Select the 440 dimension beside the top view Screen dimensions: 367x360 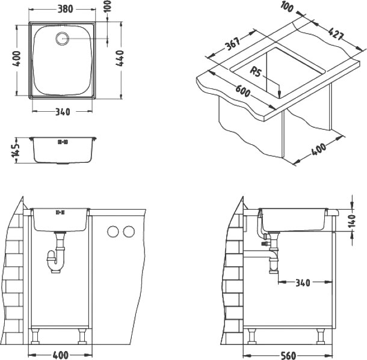pos(120,58)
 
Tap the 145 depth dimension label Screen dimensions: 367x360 pos(16,150)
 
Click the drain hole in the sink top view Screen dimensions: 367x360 pos(63,38)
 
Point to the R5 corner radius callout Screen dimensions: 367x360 pos(255,72)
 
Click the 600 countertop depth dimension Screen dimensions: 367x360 pos(242,91)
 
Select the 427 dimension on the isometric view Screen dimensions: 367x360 pos(336,34)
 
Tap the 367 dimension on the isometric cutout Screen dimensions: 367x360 pos(233,44)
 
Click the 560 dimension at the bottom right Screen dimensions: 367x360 pos(288,355)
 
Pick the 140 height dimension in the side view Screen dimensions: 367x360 pos(352,221)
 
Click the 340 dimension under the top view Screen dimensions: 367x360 pos(63,112)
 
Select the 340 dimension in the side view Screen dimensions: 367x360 pos(303,283)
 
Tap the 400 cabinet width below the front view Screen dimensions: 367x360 pos(60,355)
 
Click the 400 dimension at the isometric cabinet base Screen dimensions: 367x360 pos(318,150)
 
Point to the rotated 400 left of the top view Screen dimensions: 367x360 pos(16,58)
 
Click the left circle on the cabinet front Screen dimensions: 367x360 pos(113,231)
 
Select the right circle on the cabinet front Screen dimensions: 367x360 pos(129,231)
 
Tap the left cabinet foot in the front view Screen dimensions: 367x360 pos(35,336)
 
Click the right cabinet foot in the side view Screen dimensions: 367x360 pos(321,336)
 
